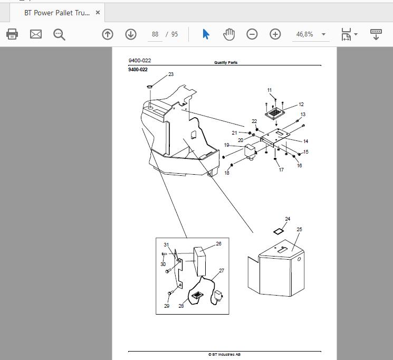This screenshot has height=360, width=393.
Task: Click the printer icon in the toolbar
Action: (12, 34)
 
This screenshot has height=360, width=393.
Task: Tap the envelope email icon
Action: (36, 34)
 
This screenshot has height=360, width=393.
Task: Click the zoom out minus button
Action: (252, 34)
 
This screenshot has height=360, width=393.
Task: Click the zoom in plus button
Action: (275, 34)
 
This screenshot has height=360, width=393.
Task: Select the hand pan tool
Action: (229, 34)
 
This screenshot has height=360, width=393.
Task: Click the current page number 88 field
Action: (155, 34)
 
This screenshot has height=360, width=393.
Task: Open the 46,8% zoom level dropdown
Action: (323, 34)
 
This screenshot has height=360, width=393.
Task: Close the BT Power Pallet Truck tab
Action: (98, 13)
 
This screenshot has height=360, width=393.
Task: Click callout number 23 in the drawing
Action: (171, 74)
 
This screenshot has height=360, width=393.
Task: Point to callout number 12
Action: (301, 105)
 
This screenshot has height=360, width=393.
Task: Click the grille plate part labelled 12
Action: (275, 112)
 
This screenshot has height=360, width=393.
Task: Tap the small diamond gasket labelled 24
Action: (278, 231)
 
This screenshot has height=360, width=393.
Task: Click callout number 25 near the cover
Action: (299, 229)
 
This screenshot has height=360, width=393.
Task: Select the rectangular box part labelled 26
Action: (200, 261)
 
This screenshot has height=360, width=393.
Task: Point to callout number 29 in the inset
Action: (167, 306)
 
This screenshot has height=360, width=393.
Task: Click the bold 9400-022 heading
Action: (138, 70)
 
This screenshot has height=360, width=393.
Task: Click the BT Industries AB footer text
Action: (224, 355)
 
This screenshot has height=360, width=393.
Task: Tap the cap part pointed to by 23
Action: (150, 87)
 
